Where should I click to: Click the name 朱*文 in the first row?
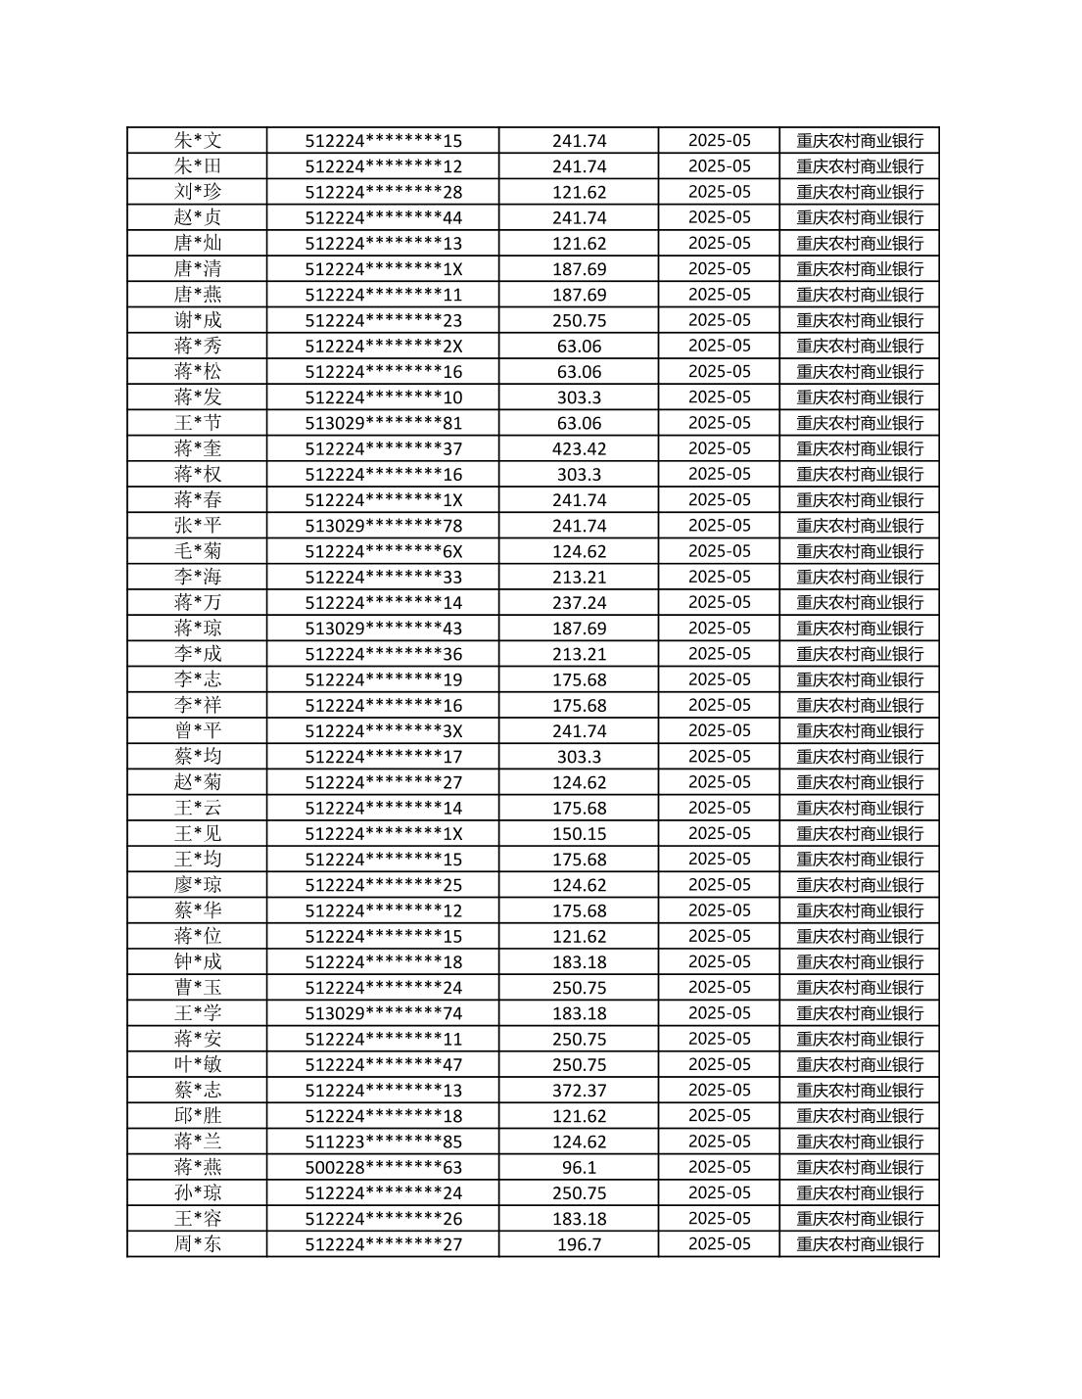(198, 140)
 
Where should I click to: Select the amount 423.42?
(579, 448)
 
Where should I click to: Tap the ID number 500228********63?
(383, 1167)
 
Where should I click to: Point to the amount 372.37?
(579, 1090)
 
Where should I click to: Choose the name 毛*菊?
(198, 551)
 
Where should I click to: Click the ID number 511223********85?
(383, 1142)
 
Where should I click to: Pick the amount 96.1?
(579, 1167)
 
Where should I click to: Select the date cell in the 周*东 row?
(719, 1243)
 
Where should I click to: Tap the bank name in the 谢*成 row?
(859, 320)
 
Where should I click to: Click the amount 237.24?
(579, 602)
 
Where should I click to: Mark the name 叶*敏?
(198, 1064)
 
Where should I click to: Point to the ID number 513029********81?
(383, 423)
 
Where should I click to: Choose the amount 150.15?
(579, 833)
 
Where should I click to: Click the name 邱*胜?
(198, 1115)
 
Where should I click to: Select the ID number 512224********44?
(383, 217)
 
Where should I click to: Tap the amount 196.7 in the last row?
(579, 1243)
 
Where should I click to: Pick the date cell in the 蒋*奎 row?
(719, 448)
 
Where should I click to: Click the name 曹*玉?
(198, 987)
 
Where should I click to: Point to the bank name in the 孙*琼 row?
(859, 1192)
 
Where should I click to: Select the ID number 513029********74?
(383, 1013)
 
